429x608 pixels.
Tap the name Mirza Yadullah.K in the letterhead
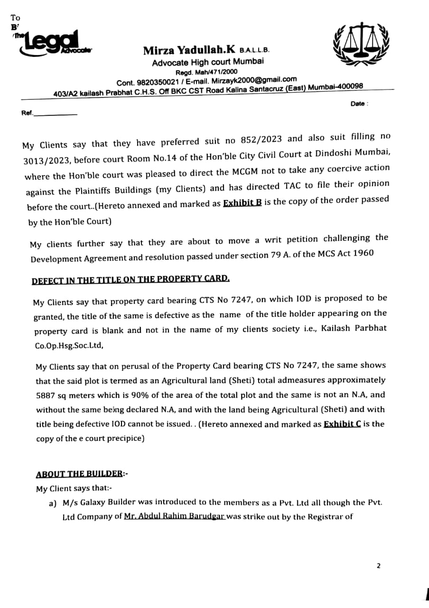[189, 50]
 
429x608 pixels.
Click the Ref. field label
[28, 114]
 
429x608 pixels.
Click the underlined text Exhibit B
[242, 203]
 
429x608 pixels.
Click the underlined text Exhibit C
[342, 424]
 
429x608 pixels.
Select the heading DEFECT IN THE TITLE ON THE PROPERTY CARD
[131, 279]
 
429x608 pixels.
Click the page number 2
[378, 566]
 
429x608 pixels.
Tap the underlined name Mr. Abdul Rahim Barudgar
[175, 516]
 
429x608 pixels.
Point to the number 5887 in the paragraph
[47, 396]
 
